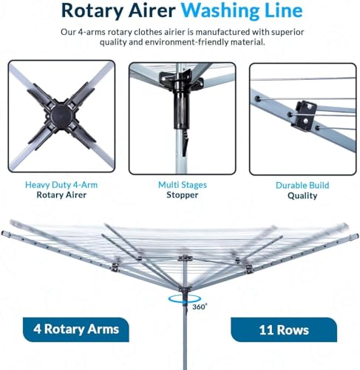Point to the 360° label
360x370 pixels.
[200, 305]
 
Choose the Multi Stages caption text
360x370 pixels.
[180, 185]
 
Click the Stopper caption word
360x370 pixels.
[180, 196]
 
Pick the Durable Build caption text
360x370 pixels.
[302, 185]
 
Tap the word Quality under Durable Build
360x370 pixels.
[302, 196]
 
